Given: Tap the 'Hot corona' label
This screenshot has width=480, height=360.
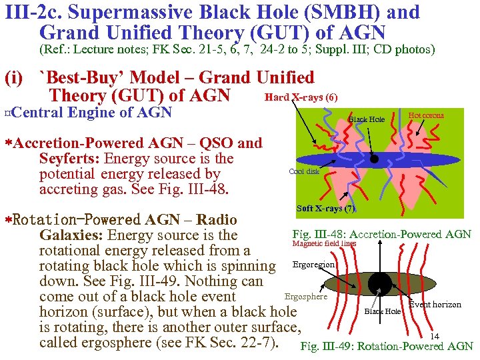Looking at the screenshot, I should [425, 116].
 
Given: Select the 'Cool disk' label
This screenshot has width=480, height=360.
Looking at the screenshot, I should [304, 171].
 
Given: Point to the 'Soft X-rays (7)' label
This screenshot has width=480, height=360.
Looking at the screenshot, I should [325, 209].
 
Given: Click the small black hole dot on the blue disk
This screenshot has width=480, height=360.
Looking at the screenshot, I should [375, 159].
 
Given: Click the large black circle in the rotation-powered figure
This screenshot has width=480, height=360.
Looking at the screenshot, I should [380, 283].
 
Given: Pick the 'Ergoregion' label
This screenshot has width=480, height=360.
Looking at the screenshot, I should [313, 265].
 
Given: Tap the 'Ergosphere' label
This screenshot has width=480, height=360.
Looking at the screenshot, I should [305, 297].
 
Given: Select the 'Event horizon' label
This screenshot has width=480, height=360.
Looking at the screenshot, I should [435, 305].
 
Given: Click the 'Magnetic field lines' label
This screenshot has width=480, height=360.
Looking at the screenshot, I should [324, 244].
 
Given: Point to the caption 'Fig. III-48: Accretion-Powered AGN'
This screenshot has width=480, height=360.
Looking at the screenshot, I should [381, 234].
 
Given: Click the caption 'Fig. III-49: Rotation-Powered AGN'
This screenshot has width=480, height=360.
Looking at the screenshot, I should [387, 347].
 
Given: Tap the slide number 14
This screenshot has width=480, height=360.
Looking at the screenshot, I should [435, 336].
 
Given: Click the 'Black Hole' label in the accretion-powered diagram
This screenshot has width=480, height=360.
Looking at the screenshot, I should [367, 120].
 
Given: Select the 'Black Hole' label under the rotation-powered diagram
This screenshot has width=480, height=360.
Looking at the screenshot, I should [383, 311].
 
